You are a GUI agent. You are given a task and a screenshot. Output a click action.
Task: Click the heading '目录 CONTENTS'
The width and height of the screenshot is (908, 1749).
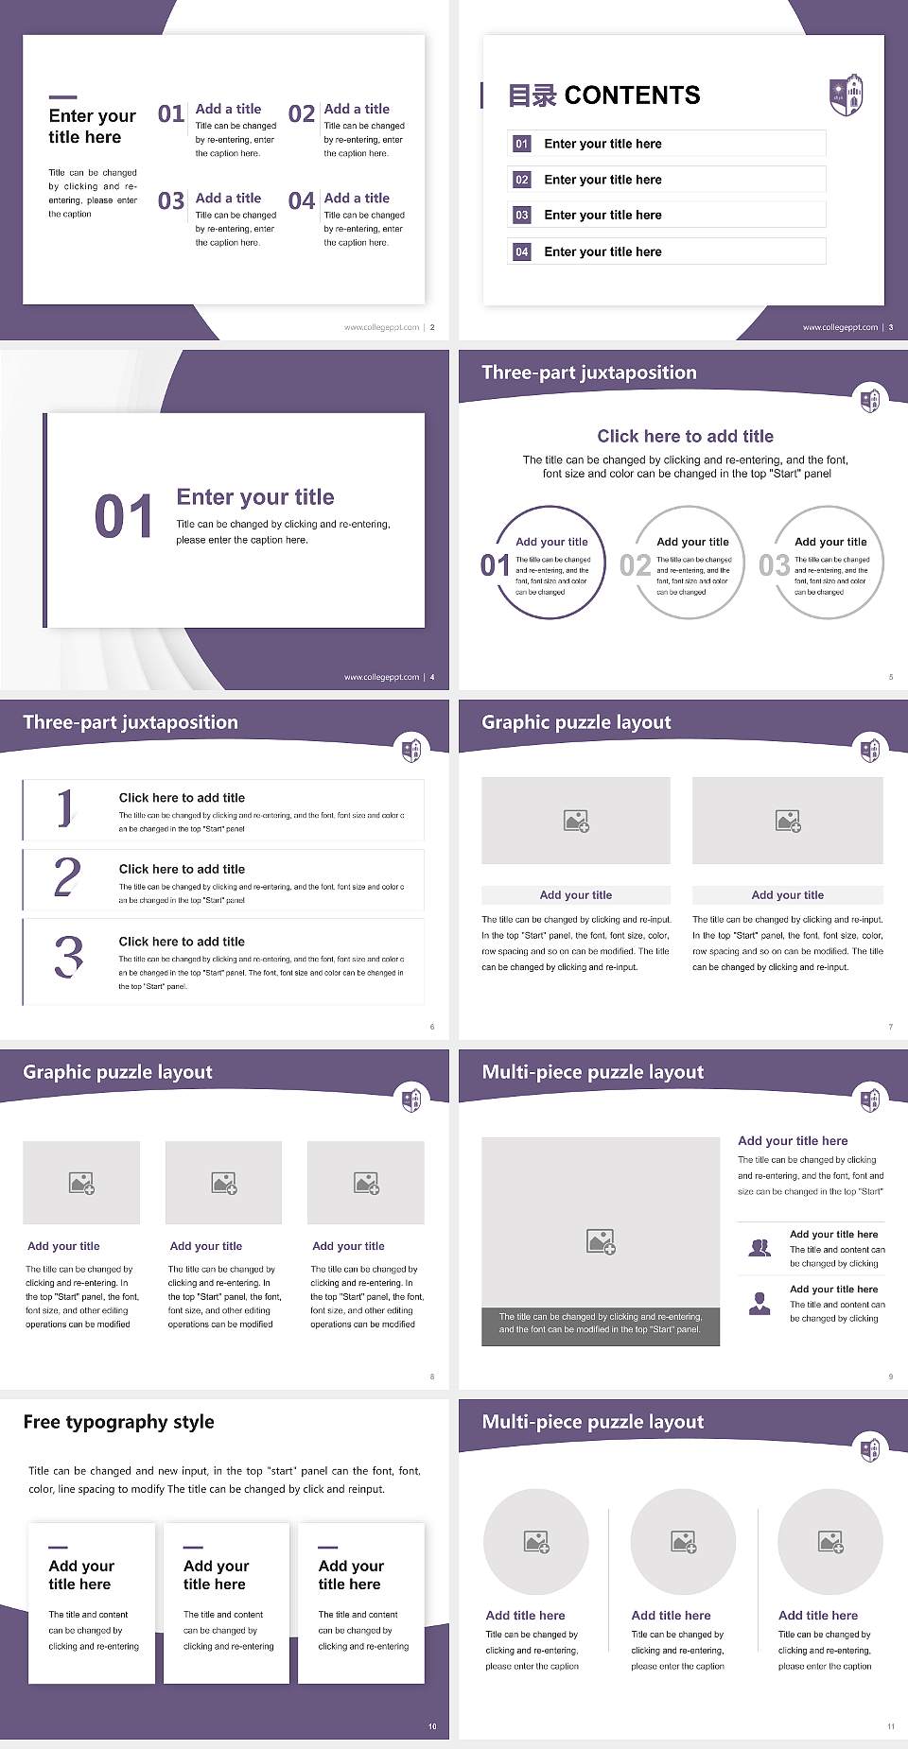coord(604,95)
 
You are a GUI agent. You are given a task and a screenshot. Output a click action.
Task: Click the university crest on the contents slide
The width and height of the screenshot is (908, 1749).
coord(846,94)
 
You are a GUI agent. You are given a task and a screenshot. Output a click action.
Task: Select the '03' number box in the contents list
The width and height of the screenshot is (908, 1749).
coord(522,216)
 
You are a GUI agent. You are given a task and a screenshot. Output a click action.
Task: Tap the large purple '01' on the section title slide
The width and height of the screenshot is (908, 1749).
coord(124,517)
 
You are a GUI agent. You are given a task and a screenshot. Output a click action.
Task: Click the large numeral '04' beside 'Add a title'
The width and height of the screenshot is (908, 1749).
coord(302,201)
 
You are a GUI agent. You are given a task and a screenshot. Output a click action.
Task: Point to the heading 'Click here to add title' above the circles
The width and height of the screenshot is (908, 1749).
coord(685,436)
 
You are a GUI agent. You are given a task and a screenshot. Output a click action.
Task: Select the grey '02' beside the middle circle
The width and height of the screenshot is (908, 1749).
coord(635,565)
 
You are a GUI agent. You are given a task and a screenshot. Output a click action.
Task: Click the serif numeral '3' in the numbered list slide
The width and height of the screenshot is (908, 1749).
coord(68,957)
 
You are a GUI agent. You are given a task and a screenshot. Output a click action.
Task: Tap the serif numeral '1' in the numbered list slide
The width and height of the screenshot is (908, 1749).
coord(64,808)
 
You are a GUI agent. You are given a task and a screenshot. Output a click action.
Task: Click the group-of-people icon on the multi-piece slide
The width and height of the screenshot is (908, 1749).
coord(760,1248)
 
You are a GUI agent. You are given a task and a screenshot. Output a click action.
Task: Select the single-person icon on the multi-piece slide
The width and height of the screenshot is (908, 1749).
coord(760,1304)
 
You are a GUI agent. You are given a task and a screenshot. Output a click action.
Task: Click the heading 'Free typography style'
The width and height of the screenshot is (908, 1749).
coord(118,1422)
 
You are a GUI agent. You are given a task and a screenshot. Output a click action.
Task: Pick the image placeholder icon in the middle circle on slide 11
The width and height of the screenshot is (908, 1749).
coord(683,1542)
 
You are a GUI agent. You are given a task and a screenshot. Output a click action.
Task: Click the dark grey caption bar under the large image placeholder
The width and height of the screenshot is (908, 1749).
coord(601,1323)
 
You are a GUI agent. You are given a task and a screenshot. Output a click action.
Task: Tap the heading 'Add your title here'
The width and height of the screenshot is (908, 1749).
coord(793,1141)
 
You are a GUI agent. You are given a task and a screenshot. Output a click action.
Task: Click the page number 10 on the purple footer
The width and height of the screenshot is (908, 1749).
coord(432,1726)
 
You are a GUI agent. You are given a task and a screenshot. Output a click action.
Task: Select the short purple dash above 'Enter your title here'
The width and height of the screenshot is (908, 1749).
coord(62,96)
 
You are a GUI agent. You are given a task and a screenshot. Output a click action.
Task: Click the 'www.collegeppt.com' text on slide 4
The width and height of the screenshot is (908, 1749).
coord(381,677)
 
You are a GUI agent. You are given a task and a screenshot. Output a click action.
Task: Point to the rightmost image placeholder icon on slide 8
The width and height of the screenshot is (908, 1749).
coord(366,1183)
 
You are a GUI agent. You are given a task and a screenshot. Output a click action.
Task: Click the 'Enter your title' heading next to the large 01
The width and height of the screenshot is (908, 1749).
coord(255,497)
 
